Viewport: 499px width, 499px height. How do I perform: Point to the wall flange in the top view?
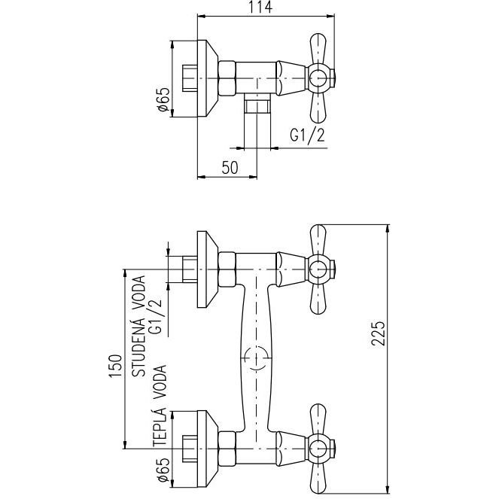pos(206,78)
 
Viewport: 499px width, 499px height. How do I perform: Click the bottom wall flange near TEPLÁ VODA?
pos(206,443)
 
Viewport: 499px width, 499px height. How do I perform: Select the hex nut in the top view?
pos(227,78)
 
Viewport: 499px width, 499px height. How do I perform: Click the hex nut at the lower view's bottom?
pos(227,443)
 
